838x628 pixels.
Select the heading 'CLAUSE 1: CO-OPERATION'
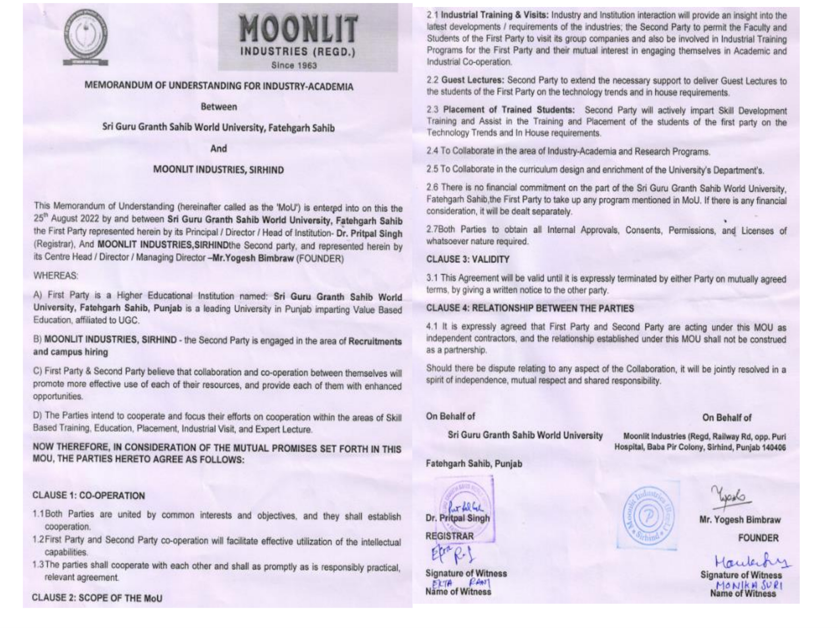(x=89, y=495)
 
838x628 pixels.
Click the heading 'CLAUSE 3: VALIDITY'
(x=468, y=259)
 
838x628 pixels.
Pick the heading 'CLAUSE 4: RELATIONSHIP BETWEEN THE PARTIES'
(x=530, y=308)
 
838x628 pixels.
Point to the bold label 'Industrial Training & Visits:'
(x=495, y=15)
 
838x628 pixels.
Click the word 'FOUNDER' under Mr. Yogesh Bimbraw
(x=758, y=538)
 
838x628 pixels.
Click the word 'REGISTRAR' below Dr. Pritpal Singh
(x=450, y=536)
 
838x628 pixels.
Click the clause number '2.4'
(x=432, y=151)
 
